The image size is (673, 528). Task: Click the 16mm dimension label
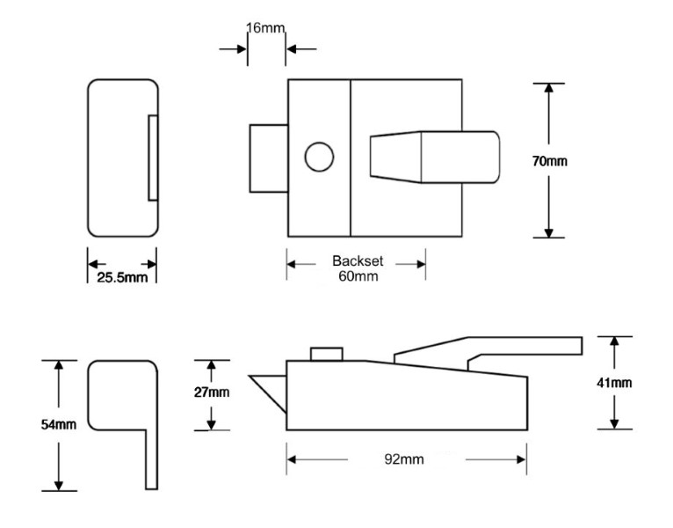point(267,29)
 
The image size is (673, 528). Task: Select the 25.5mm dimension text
point(121,278)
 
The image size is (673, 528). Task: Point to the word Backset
point(356,261)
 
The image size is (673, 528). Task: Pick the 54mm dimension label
point(59,425)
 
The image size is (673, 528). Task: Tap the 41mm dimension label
point(615,382)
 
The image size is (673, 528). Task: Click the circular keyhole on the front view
point(319,158)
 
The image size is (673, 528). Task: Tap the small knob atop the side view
point(326,354)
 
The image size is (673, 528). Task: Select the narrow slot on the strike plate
point(153,158)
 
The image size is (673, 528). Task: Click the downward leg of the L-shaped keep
point(151,458)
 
